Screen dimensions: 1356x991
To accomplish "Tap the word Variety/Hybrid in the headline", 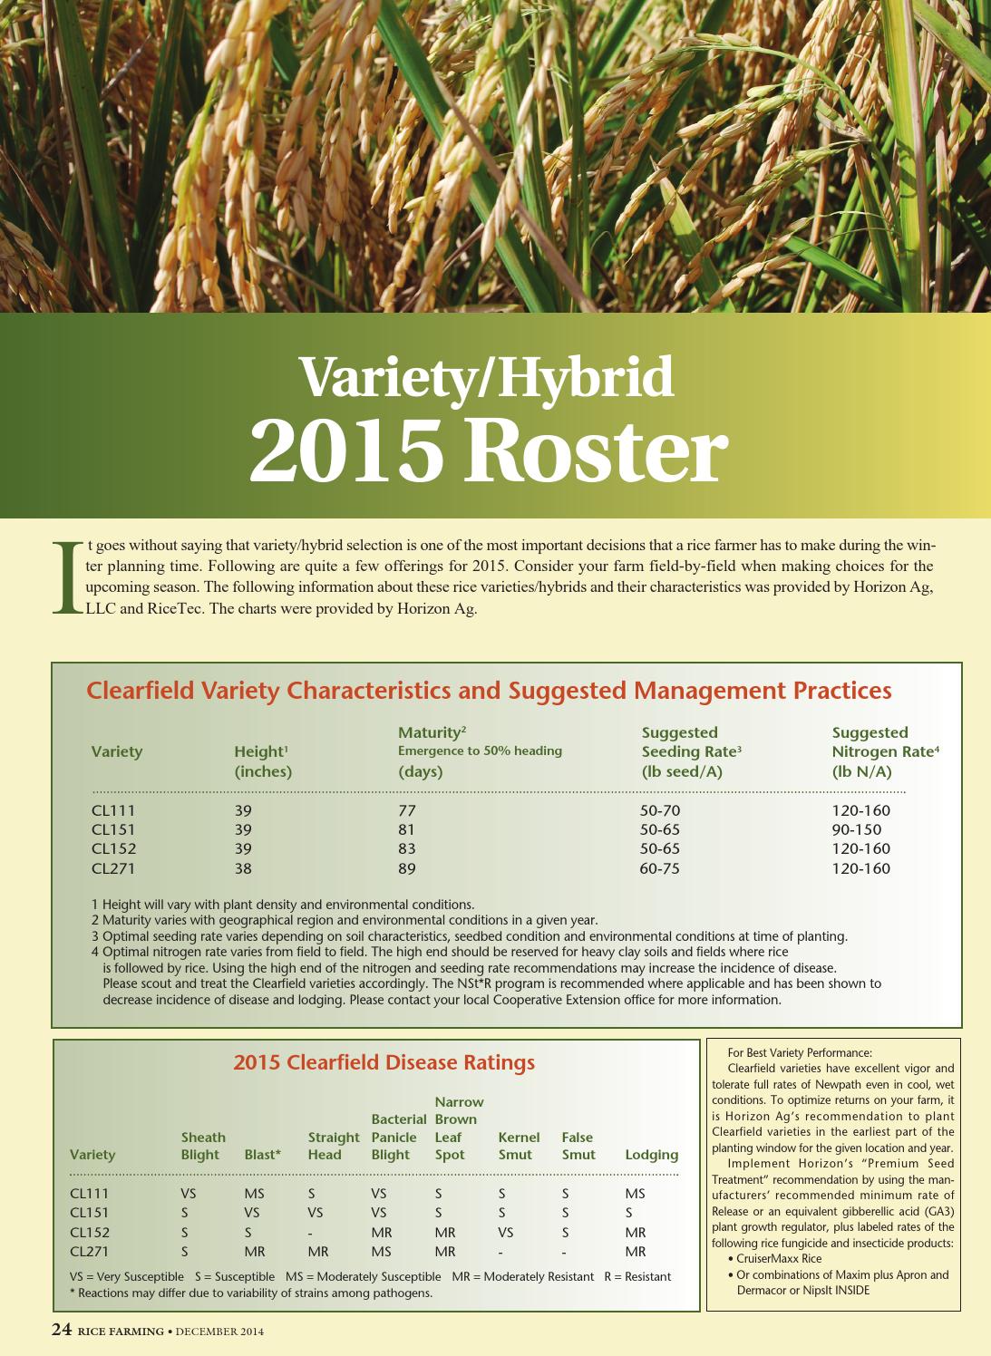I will click(487, 376).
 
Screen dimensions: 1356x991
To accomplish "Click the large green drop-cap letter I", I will click(66, 577).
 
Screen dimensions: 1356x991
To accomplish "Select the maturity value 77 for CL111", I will click(406, 810).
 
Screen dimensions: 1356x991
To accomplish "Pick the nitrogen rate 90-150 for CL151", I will click(856, 829).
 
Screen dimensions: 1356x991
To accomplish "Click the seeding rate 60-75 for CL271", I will click(659, 868).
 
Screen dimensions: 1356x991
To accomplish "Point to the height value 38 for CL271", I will click(243, 868).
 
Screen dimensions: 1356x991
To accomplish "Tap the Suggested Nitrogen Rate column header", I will click(884, 751).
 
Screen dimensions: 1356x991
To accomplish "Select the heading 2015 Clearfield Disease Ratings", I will click(384, 1062).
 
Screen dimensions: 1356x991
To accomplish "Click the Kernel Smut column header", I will click(518, 1146).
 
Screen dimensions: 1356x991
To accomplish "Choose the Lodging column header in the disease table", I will click(651, 1155).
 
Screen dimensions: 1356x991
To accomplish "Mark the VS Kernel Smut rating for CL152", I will click(505, 1232).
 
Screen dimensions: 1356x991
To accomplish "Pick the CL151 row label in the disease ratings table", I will click(89, 1213).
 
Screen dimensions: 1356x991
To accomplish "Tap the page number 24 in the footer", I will click(61, 1330).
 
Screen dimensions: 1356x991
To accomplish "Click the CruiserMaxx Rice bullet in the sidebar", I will click(779, 1258).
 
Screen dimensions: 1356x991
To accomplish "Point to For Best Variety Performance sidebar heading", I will click(799, 1052).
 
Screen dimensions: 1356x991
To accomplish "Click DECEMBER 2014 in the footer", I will click(219, 1332).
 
